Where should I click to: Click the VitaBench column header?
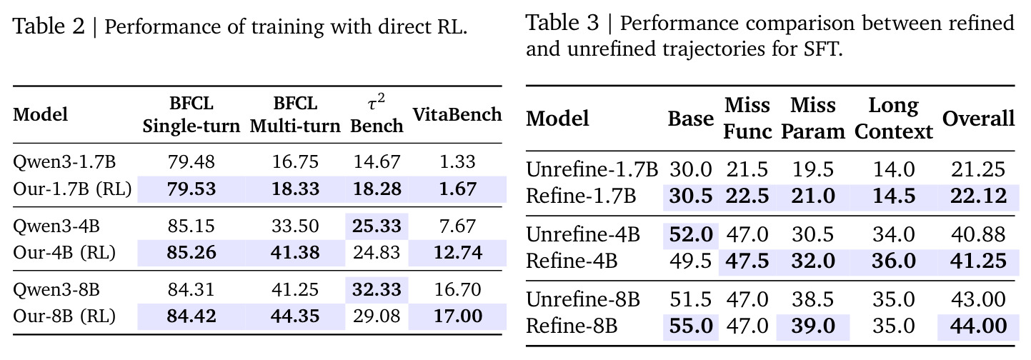pos(457,114)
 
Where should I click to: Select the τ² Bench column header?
pos(377,114)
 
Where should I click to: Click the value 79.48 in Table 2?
pos(191,161)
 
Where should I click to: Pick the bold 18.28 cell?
pos(377,189)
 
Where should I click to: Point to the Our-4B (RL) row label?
pos(64,253)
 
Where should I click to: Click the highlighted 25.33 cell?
pos(377,226)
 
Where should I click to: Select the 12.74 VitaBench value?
pos(458,253)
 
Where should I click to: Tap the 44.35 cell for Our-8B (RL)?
pos(295,316)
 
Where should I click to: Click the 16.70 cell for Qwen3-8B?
pos(457,289)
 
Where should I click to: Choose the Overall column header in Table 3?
pos(978,119)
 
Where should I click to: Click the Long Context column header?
pos(893,119)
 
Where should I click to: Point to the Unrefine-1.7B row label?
pos(592,169)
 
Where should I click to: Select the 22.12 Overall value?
pos(979,196)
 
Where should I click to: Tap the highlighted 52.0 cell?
pos(691,234)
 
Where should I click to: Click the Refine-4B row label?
pos(571,261)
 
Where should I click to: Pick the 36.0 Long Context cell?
pos(893,261)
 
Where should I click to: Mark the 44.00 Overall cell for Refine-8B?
pos(979,326)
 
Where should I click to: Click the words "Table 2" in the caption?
pos(49,26)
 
